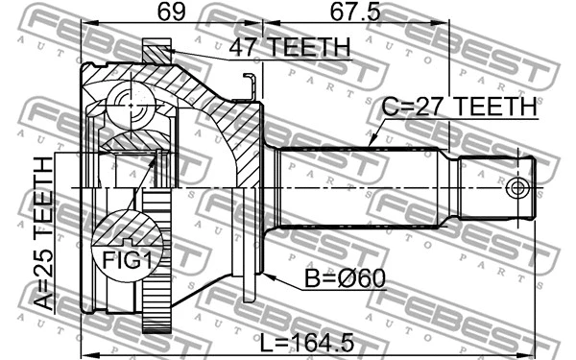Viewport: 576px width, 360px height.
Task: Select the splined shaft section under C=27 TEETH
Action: coord(360,186)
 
